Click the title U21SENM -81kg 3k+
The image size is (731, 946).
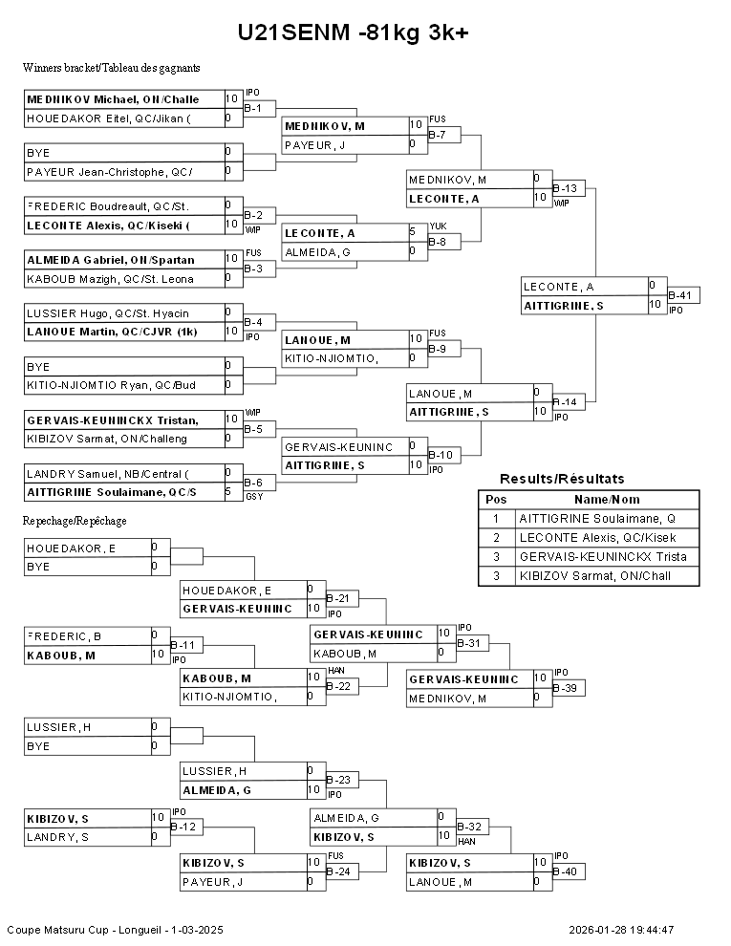(x=353, y=32)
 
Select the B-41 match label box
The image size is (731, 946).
(x=683, y=295)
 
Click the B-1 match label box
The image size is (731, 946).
(x=259, y=109)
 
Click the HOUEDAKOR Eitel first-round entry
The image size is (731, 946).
(x=109, y=118)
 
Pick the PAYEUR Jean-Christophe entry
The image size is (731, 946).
(x=110, y=172)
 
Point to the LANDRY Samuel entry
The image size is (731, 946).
(x=108, y=474)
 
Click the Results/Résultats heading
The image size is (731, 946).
(x=562, y=479)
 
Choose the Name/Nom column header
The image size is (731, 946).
(x=607, y=500)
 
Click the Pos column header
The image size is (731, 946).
(x=496, y=500)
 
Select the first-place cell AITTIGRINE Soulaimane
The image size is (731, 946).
(x=597, y=519)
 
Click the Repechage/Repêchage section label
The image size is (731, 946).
(x=75, y=521)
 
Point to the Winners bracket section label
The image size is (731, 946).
(x=112, y=68)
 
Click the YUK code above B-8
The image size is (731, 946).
(x=438, y=226)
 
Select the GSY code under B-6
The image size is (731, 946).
(x=254, y=497)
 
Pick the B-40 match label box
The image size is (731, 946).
(x=569, y=871)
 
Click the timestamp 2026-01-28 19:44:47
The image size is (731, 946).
(x=621, y=931)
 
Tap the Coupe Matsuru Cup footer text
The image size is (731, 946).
(x=116, y=931)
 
